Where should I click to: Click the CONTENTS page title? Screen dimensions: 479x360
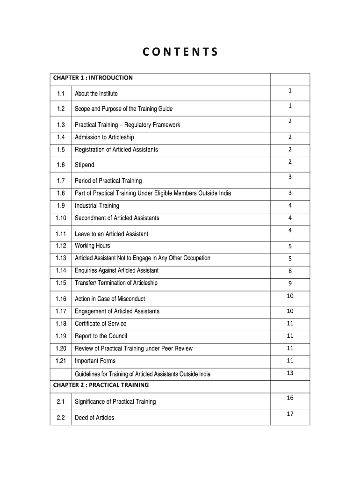point(180,52)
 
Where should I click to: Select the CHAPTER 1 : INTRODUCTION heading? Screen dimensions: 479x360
point(93,78)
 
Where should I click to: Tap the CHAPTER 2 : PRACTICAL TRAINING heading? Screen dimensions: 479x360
point(101,385)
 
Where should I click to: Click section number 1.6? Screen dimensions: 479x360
point(61,165)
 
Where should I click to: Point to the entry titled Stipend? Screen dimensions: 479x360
point(85,165)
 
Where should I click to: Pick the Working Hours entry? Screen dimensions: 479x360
point(93,246)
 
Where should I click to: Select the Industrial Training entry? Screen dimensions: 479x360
point(97,205)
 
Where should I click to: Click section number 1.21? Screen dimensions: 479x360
point(61,361)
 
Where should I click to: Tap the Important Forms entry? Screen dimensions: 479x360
point(95,361)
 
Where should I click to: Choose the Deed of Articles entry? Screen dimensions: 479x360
point(94,418)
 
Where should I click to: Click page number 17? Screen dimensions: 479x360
point(290,414)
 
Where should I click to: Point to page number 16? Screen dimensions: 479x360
point(290,398)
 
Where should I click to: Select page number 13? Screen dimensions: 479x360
point(290,373)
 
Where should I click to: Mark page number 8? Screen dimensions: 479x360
point(290,271)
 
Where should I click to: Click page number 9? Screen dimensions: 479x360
point(290,283)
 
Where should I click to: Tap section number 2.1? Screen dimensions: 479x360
point(61,401)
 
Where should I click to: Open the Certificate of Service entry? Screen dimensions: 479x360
point(101,324)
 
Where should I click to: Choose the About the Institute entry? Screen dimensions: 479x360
point(96,94)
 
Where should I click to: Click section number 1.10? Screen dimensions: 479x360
point(61,218)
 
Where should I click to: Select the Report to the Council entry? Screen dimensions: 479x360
point(101,336)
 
